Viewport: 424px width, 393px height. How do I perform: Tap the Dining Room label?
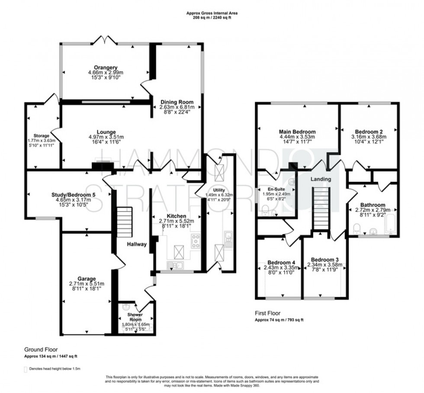point(176,103)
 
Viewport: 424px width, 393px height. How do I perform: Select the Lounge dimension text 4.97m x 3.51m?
point(106,138)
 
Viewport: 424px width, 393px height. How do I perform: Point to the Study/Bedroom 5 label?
point(69,194)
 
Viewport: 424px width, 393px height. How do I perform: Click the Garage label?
point(87,278)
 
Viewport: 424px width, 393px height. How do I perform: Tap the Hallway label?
point(137,245)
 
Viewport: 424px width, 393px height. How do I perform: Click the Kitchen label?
point(176,216)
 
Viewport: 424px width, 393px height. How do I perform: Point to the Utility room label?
point(219,190)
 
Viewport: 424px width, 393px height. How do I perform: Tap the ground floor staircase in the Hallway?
point(123,221)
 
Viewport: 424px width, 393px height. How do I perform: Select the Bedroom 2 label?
point(369,132)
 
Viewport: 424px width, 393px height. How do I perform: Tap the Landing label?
point(321,179)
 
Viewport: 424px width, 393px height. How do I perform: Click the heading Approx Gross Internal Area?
point(212,13)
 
